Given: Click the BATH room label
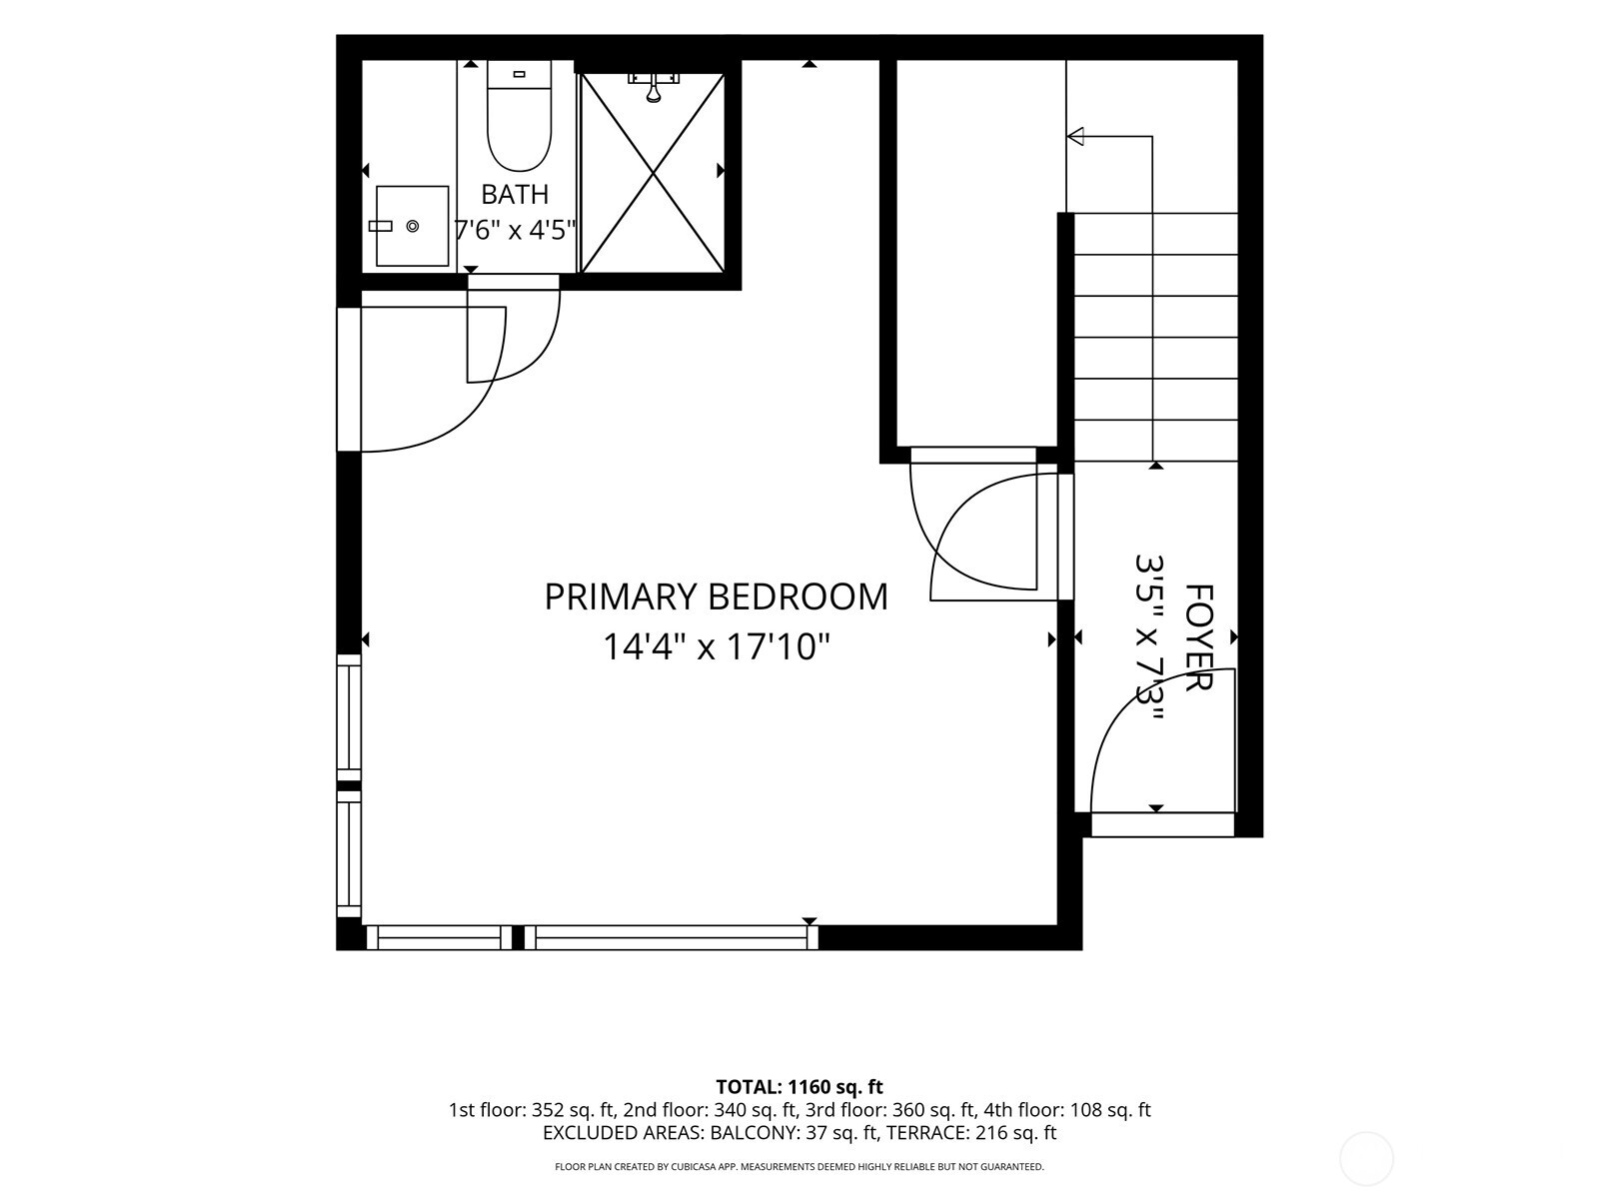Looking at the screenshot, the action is [x=515, y=195].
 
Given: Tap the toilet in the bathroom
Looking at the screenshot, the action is [x=519, y=117].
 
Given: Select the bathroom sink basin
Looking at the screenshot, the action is [x=412, y=226].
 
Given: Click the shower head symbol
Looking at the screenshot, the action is [x=654, y=87].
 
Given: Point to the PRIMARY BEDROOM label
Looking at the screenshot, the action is [x=717, y=597].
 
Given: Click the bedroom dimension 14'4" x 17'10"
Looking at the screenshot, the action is [x=717, y=646].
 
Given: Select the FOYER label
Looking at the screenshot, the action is [x=1198, y=637].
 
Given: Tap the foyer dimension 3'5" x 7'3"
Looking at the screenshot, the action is [x=1149, y=637].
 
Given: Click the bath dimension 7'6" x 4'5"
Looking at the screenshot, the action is [x=515, y=230].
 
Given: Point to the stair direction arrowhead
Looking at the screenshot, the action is [x=1075, y=136].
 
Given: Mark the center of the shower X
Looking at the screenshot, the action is [x=654, y=173].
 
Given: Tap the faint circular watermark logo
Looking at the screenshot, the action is [x=1366, y=1160].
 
